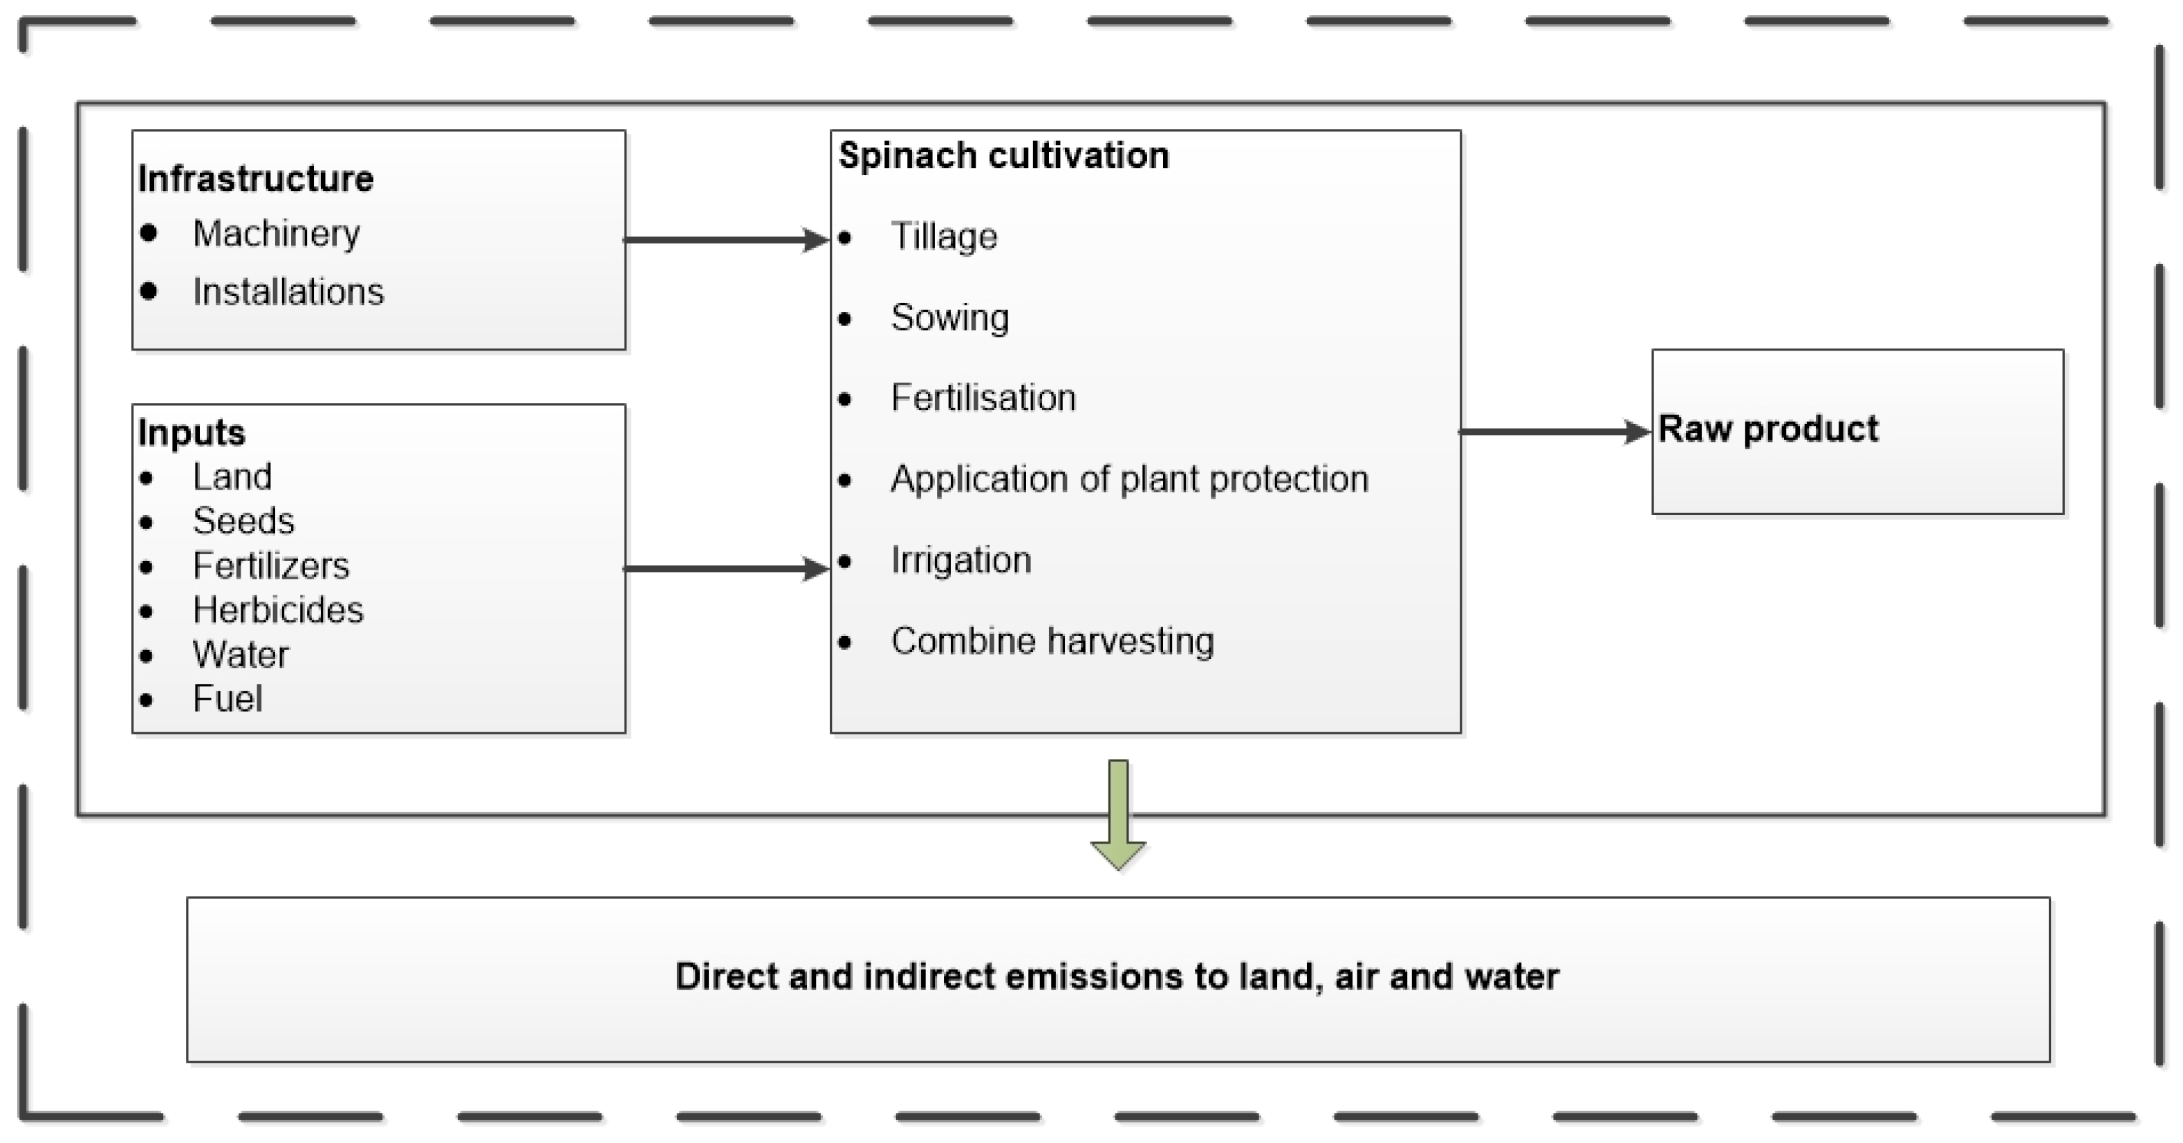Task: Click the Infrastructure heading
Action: tap(255, 179)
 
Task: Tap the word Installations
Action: tap(288, 292)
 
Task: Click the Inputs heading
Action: tap(192, 432)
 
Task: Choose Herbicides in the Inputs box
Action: tap(277, 610)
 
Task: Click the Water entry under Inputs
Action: tap(241, 655)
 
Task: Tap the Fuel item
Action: tap(227, 699)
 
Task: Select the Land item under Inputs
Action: tap(232, 477)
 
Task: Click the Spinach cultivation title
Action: tap(1003, 156)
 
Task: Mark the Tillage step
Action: tap(944, 236)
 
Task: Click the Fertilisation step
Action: tap(983, 398)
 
